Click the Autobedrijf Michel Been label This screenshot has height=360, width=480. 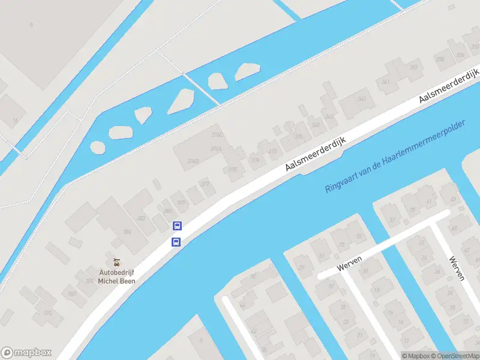[117, 276]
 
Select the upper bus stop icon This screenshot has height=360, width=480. [177, 226]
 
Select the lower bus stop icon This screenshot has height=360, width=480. [176, 242]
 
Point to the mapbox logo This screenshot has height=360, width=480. [26, 353]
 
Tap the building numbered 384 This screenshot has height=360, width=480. [127, 231]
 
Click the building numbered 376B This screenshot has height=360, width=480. [193, 161]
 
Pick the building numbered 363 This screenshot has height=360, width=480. [413, 67]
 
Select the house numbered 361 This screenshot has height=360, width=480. [386, 82]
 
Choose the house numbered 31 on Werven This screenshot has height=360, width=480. [321, 256]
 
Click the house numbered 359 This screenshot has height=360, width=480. [460, 55]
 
